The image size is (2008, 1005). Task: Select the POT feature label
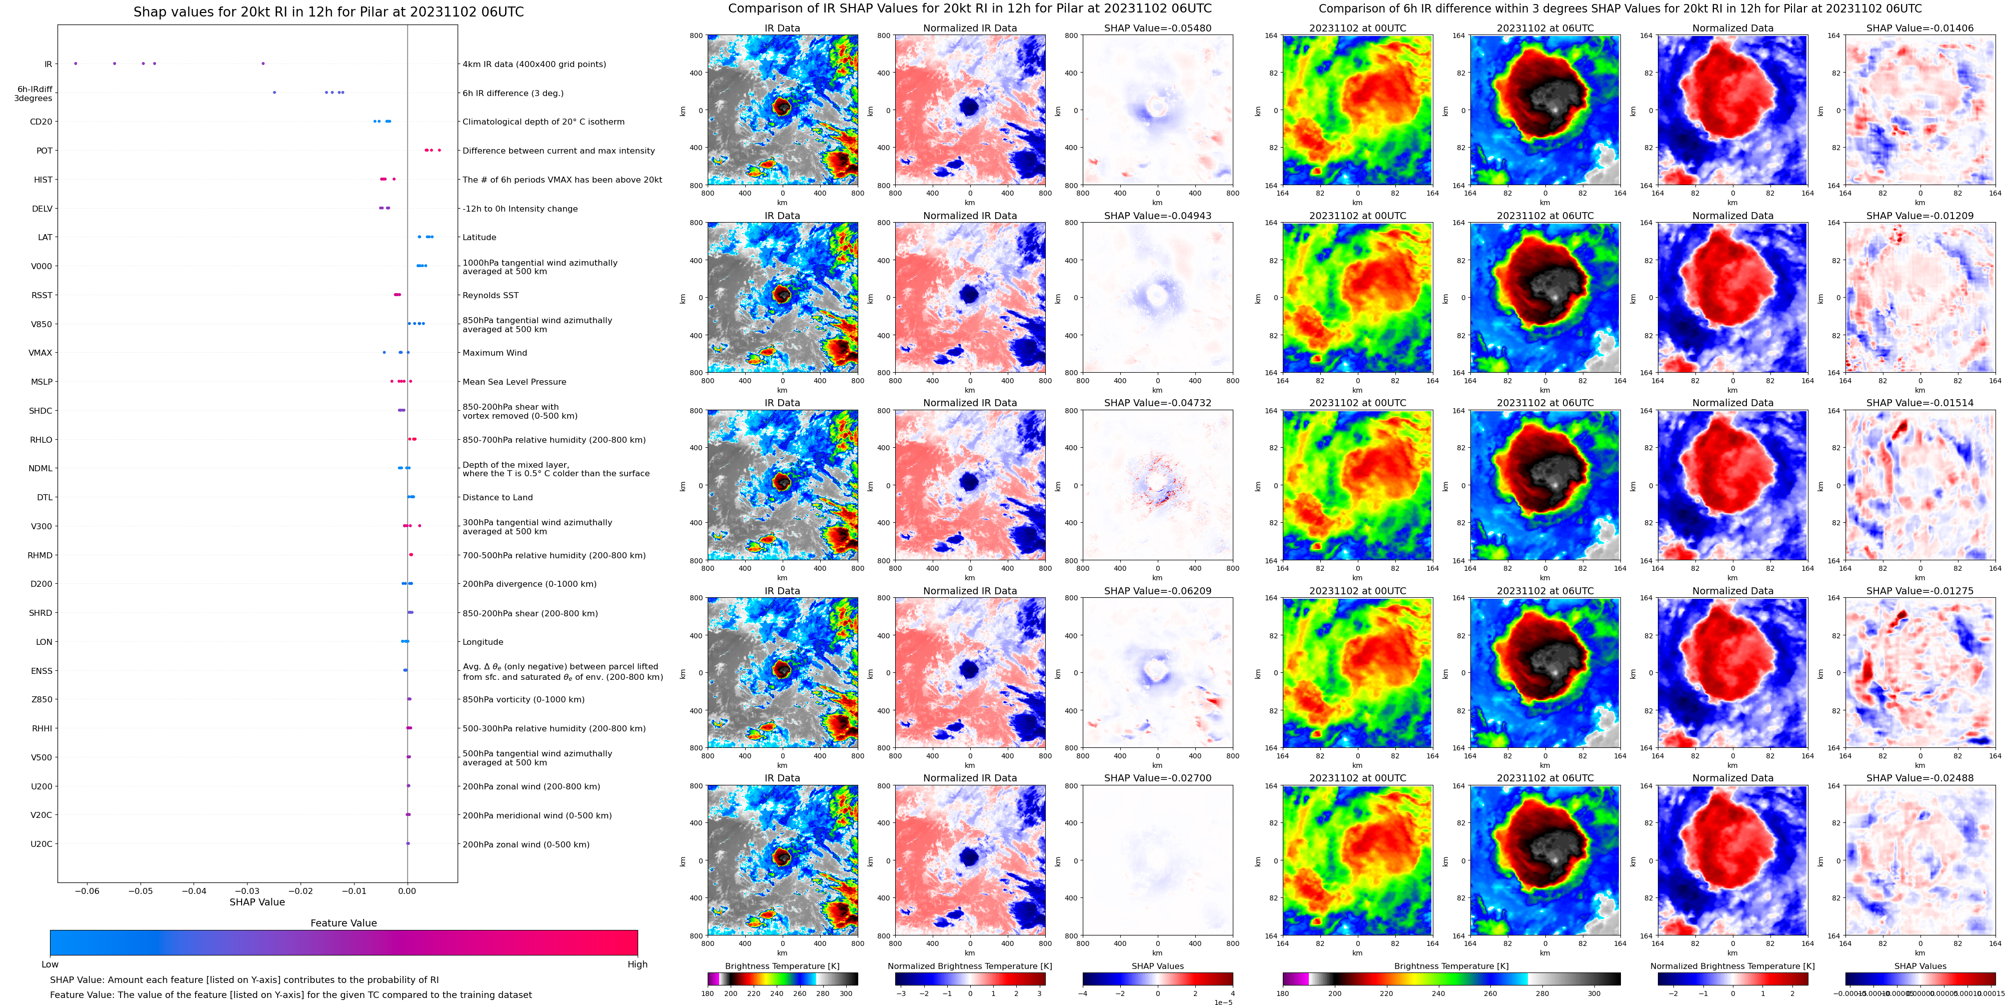click(x=45, y=151)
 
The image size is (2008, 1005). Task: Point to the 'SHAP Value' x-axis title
click(x=257, y=902)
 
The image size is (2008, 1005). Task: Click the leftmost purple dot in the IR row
click(x=76, y=63)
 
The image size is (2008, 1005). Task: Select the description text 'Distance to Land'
click(x=497, y=497)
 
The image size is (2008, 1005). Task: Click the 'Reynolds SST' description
click(x=490, y=296)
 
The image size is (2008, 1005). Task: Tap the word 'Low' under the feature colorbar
click(x=50, y=964)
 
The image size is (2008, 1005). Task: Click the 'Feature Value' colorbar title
click(x=343, y=923)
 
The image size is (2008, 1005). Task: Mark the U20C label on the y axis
click(x=42, y=843)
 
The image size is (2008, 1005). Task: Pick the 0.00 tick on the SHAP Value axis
click(x=407, y=890)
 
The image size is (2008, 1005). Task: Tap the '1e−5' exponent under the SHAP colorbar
click(x=1223, y=1002)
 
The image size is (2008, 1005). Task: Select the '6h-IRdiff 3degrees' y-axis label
click(x=34, y=94)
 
